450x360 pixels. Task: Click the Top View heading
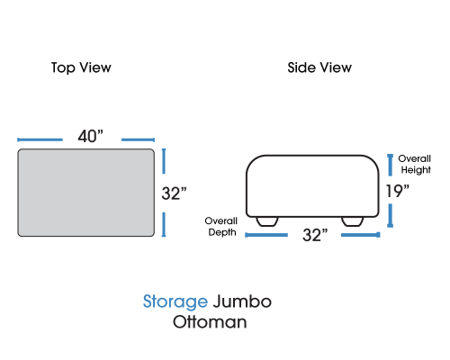(81, 67)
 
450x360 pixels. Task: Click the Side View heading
(319, 67)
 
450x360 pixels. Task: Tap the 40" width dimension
(90, 136)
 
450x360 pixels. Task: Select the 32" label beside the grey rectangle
(174, 193)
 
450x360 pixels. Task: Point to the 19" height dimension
(398, 191)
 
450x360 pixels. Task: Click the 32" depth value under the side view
(315, 235)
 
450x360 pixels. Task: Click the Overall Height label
(415, 164)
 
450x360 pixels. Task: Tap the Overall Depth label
(221, 227)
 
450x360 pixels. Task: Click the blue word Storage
(175, 301)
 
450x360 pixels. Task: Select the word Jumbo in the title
(242, 301)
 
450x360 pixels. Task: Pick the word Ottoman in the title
(210, 322)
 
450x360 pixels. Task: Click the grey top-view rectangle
(86, 193)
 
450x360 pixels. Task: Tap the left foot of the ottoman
(267, 221)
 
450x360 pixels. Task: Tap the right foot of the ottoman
(353, 221)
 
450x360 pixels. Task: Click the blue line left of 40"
(40, 139)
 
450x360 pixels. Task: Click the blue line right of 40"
(138, 139)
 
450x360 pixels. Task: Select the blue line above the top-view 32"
(164, 161)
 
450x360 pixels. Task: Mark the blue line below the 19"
(391, 215)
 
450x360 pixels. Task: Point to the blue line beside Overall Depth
(266, 235)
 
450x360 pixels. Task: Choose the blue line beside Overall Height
(391, 165)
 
